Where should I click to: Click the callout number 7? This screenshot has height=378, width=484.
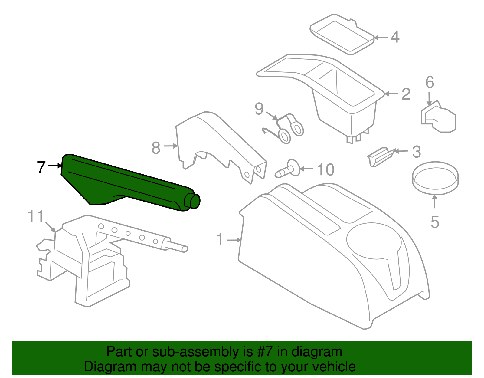click(x=41, y=167)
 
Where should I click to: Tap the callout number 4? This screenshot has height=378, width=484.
click(x=395, y=37)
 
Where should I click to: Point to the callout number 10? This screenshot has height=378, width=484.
click(x=325, y=170)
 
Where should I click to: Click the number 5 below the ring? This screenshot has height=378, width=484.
click(x=435, y=222)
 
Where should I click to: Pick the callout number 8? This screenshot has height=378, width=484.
click(x=156, y=148)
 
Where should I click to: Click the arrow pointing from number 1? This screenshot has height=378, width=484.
click(x=234, y=240)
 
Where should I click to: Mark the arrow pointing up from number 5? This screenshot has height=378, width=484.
click(x=435, y=201)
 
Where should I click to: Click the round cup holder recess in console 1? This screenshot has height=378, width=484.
click(x=374, y=241)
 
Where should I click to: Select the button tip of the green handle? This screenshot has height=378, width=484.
click(x=195, y=201)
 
